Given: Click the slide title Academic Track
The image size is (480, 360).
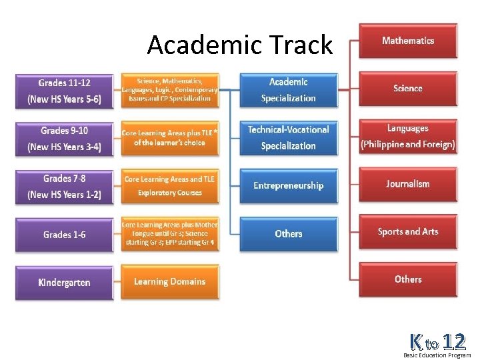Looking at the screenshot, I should (x=239, y=45).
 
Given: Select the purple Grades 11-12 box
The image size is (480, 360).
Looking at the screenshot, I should (x=64, y=91).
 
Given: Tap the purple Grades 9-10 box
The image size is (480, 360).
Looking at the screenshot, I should (x=64, y=139).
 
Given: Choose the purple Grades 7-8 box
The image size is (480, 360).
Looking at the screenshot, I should (x=64, y=187).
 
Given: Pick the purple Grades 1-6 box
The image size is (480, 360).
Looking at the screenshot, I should (x=64, y=235).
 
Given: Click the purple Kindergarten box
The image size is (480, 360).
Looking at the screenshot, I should (x=64, y=283).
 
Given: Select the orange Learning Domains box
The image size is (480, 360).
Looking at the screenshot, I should (x=169, y=282).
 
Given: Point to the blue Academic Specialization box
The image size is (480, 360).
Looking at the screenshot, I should (x=288, y=90).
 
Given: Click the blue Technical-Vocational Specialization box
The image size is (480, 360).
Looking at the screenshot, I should (x=288, y=138).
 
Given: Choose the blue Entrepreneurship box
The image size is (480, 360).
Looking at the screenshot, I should (x=288, y=186).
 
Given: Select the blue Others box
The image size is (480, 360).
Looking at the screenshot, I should (x=288, y=234).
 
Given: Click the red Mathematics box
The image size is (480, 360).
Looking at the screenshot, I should (x=408, y=41).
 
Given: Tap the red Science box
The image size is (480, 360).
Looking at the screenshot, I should (x=408, y=89).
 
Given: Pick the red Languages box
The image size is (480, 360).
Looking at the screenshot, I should (x=408, y=137).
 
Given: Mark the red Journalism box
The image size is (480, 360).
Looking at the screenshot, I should (x=408, y=184).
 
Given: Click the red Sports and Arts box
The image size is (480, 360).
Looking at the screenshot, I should (x=408, y=232).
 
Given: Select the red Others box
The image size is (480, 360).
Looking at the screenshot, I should (x=408, y=279).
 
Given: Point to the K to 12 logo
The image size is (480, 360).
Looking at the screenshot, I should (x=437, y=344).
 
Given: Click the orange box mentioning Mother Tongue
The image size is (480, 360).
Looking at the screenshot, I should (x=169, y=234).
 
